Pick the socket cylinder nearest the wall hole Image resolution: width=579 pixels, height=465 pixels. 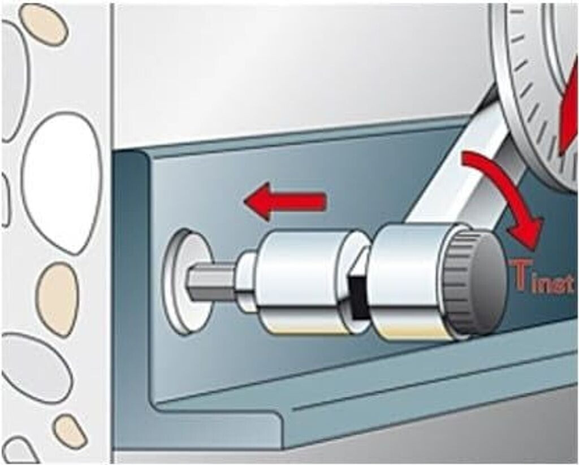[x=303, y=282]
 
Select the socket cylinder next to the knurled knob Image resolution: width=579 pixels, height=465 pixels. [x=410, y=282]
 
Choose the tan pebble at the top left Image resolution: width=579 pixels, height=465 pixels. [x=44, y=23]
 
